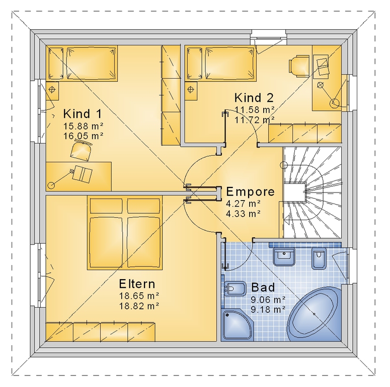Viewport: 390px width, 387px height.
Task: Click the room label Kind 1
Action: pos(83,114)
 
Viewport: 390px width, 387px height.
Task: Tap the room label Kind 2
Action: pos(254,98)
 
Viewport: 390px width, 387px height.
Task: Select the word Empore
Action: pos(251,191)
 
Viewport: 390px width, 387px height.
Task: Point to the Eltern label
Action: pos(137,284)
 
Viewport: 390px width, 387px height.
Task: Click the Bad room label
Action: pos(263,287)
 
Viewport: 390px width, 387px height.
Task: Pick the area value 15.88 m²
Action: pos(83,126)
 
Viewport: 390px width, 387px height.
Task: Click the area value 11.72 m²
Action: pos(255,120)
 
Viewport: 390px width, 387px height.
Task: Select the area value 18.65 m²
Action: pos(139,296)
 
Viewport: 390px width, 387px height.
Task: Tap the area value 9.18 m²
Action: pos(268,309)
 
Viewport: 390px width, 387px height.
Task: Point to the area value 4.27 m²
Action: pos(243,204)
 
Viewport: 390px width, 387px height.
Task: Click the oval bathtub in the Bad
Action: pos(314,314)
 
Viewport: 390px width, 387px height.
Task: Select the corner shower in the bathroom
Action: pos(237,325)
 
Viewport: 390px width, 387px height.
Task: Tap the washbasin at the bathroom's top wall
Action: pos(284,256)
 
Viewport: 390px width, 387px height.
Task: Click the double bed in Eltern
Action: pos(125,233)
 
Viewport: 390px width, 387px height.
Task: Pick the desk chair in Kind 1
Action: pos(81,150)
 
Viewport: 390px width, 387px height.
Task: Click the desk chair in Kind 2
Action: pos(298,65)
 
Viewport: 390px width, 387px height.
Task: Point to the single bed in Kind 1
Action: pos(82,63)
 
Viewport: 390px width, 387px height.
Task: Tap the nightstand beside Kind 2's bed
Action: pos(191,91)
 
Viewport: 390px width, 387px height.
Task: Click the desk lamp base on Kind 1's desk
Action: pos(51,185)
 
